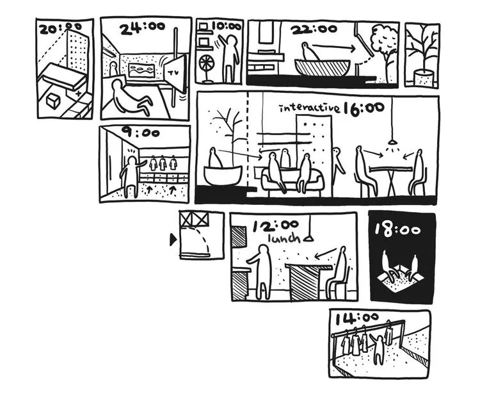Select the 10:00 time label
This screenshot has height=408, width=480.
pyautogui.click(x=227, y=27)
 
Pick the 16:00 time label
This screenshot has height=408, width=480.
pyautogui.click(x=364, y=108)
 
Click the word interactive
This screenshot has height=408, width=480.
pyautogui.click(x=308, y=108)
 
